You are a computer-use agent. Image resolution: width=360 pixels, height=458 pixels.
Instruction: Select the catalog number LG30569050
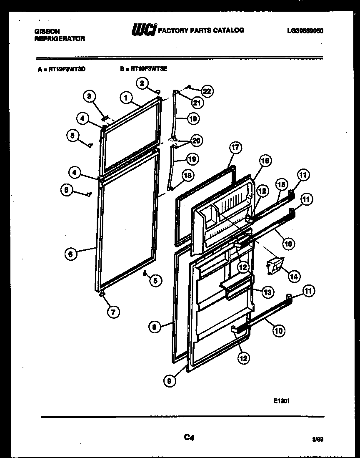click(x=305, y=31)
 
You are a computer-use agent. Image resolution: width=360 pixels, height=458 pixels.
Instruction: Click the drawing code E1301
click(x=281, y=401)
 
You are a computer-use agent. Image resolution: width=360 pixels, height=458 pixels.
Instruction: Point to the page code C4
click(x=189, y=437)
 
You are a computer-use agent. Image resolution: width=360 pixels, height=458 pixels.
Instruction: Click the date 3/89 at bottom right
click(x=317, y=439)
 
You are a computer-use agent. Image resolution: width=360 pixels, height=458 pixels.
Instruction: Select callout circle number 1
click(x=125, y=98)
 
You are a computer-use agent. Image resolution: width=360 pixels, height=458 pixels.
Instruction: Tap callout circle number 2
click(x=142, y=83)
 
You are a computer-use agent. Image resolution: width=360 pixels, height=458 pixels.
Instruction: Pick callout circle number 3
click(x=88, y=97)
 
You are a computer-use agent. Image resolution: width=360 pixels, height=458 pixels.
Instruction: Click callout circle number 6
click(x=71, y=253)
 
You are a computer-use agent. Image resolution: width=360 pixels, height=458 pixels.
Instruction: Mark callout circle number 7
click(x=113, y=311)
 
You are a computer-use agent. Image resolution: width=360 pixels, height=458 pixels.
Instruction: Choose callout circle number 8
click(x=154, y=327)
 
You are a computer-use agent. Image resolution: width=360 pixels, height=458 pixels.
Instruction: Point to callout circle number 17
click(x=235, y=147)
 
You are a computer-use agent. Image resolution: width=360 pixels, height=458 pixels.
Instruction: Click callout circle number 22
click(x=207, y=91)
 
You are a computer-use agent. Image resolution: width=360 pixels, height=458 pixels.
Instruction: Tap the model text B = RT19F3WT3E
click(x=143, y=70)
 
